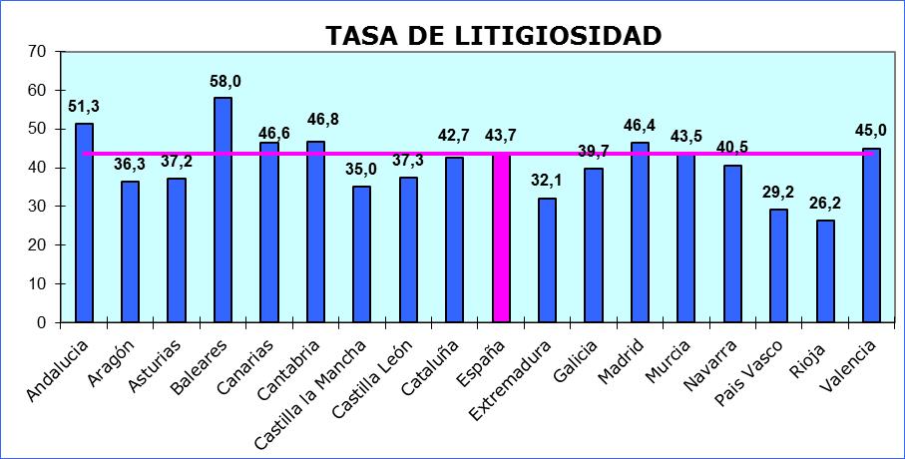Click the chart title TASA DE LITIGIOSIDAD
[493, 36]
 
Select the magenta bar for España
[501, 238]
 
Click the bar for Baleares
[223, 210]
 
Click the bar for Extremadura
[547, 259]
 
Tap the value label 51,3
[84, 107]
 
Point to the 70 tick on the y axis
[38, 51]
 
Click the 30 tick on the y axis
[38, 207]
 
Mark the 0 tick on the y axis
[42, 323]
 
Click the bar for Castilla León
[408, 249]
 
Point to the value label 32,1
[548, 182]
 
